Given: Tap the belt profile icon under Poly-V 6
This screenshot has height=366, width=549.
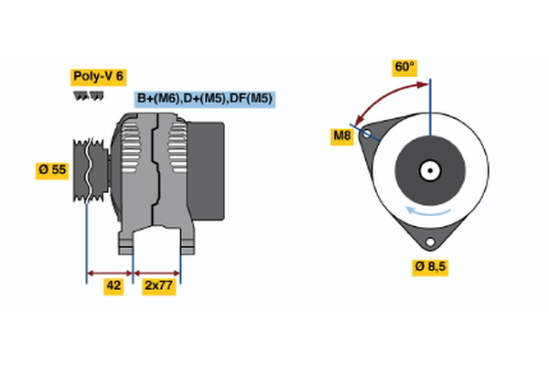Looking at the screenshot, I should tap(88, 95).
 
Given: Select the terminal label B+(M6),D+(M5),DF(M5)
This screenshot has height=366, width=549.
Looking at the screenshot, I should tap(205, 99).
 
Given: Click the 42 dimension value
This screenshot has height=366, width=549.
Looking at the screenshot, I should tap(113, 285).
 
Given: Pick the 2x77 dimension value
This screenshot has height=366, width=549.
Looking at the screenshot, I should tap(159, 285).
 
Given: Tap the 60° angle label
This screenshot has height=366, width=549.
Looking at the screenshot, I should tap(404, 67).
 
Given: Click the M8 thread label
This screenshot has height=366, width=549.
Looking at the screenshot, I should tap(341, 137).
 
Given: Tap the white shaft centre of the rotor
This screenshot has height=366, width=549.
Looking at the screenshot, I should tap(429, 169).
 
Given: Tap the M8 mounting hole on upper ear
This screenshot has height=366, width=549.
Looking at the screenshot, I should tap(368, 134).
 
